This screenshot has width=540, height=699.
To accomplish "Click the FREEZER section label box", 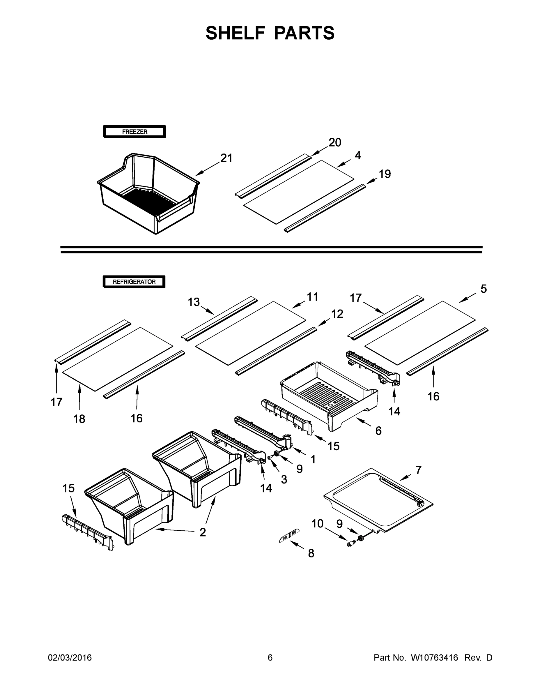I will point(134,132).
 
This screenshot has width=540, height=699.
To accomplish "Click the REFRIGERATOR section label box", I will point(134,282).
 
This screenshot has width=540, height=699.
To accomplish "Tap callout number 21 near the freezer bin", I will point(226,158).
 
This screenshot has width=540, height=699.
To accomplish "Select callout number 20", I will point(334,142).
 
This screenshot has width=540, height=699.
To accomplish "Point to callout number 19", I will point(385,174).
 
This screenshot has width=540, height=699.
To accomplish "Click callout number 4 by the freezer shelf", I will point(358,156).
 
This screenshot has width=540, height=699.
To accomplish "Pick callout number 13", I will point(194,302).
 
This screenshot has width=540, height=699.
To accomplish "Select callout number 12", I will point(337,314).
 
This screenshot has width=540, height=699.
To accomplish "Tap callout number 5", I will point(483,289).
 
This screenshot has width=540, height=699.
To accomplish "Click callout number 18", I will point(79,419).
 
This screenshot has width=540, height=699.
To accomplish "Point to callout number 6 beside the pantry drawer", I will point(378,431).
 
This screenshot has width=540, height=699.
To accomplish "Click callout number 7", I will point(418,470).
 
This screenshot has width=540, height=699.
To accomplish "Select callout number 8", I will point(311,553).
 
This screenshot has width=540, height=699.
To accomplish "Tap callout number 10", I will point(318,524).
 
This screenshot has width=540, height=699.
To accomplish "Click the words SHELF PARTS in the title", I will point(270,33).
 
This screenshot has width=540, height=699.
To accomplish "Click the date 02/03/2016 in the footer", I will point(70,657).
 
